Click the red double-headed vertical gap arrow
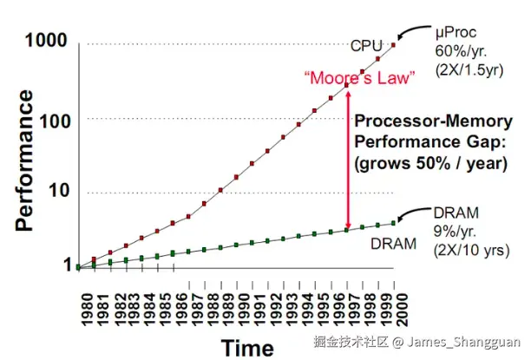click(348, 157)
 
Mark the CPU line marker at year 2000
click(395, 45)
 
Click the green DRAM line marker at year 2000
click(395, 223)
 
